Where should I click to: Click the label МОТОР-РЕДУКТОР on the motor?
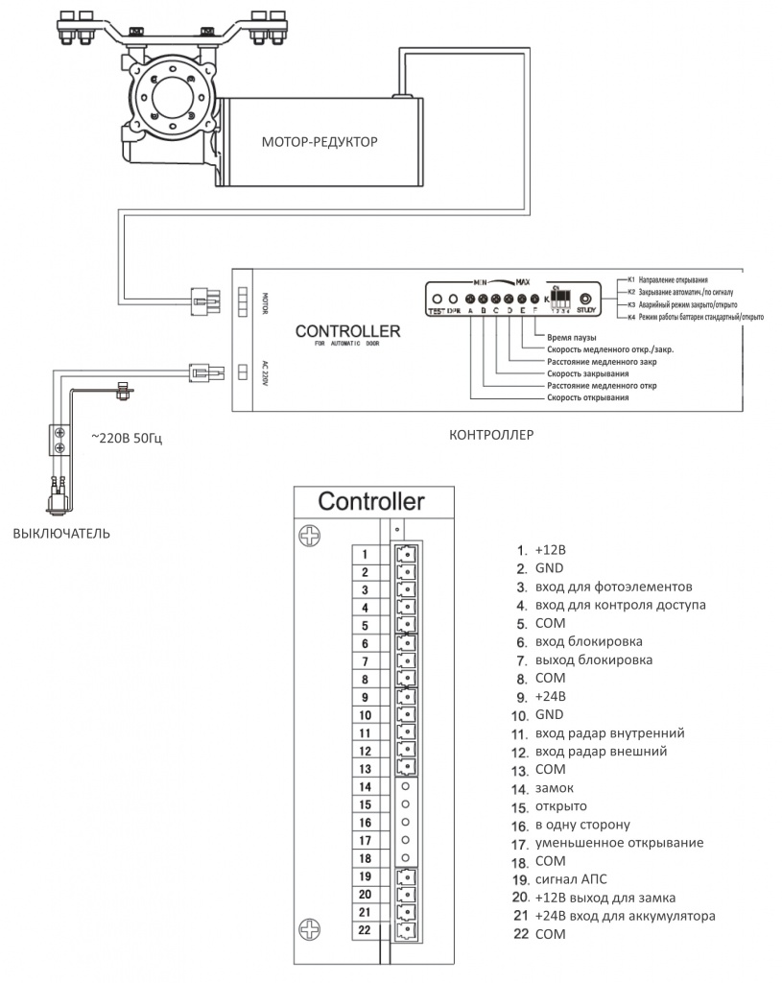[320, 142]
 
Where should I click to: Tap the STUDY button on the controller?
[585, 300]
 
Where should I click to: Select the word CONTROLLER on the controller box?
[347, 332]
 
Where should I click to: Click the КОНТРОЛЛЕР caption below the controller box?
[491, 434]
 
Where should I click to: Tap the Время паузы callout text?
[572, 338]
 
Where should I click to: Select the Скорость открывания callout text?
[587, 396]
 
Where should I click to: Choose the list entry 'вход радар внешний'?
[601, 752]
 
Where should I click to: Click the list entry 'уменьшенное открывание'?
[619, 843]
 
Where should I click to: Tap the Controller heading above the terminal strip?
[370, 501]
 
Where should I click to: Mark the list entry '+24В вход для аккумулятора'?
[625, 916]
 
